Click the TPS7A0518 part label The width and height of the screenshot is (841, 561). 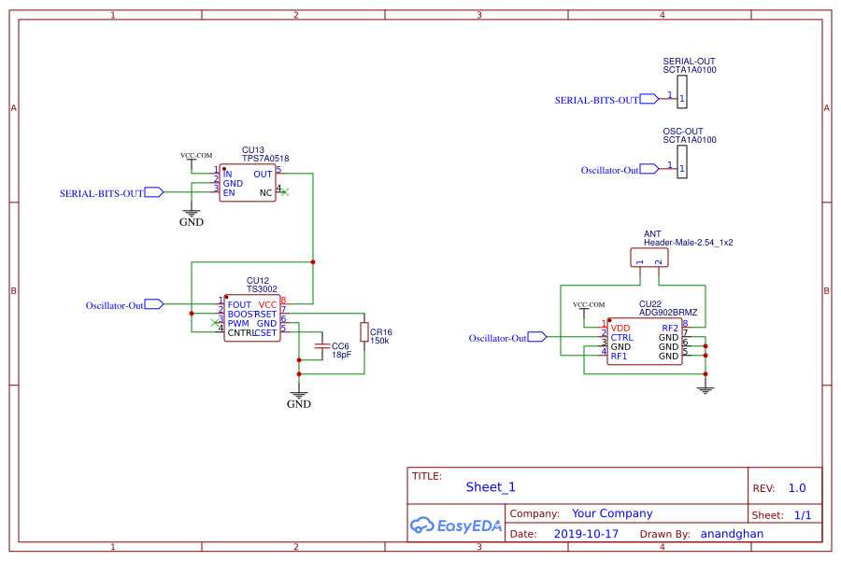(x=265, y=159)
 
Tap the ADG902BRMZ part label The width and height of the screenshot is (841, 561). (x=668, y=313)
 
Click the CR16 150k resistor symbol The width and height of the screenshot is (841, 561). (x=363, y=332)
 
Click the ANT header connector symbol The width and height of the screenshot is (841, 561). (x=649, y=257)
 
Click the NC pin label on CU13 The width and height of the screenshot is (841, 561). (x=265, y=192)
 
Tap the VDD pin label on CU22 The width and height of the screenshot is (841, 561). (x=620, y=328)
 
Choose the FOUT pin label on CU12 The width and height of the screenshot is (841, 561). (x=239, y=304)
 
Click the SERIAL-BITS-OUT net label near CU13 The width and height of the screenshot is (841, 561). (x=102, y=193)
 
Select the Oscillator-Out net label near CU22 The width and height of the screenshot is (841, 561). (x=498, y=338)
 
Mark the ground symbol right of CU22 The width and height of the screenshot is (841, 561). (x=706, y=387)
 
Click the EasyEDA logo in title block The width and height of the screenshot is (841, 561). (x=456, y=526)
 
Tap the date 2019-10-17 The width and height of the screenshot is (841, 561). (x=586, y=534)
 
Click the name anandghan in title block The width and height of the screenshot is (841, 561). (x=732, y=534)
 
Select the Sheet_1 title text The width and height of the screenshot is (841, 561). (x=491, y=487)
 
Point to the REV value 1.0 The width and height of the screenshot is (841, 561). (x=796, y=488)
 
